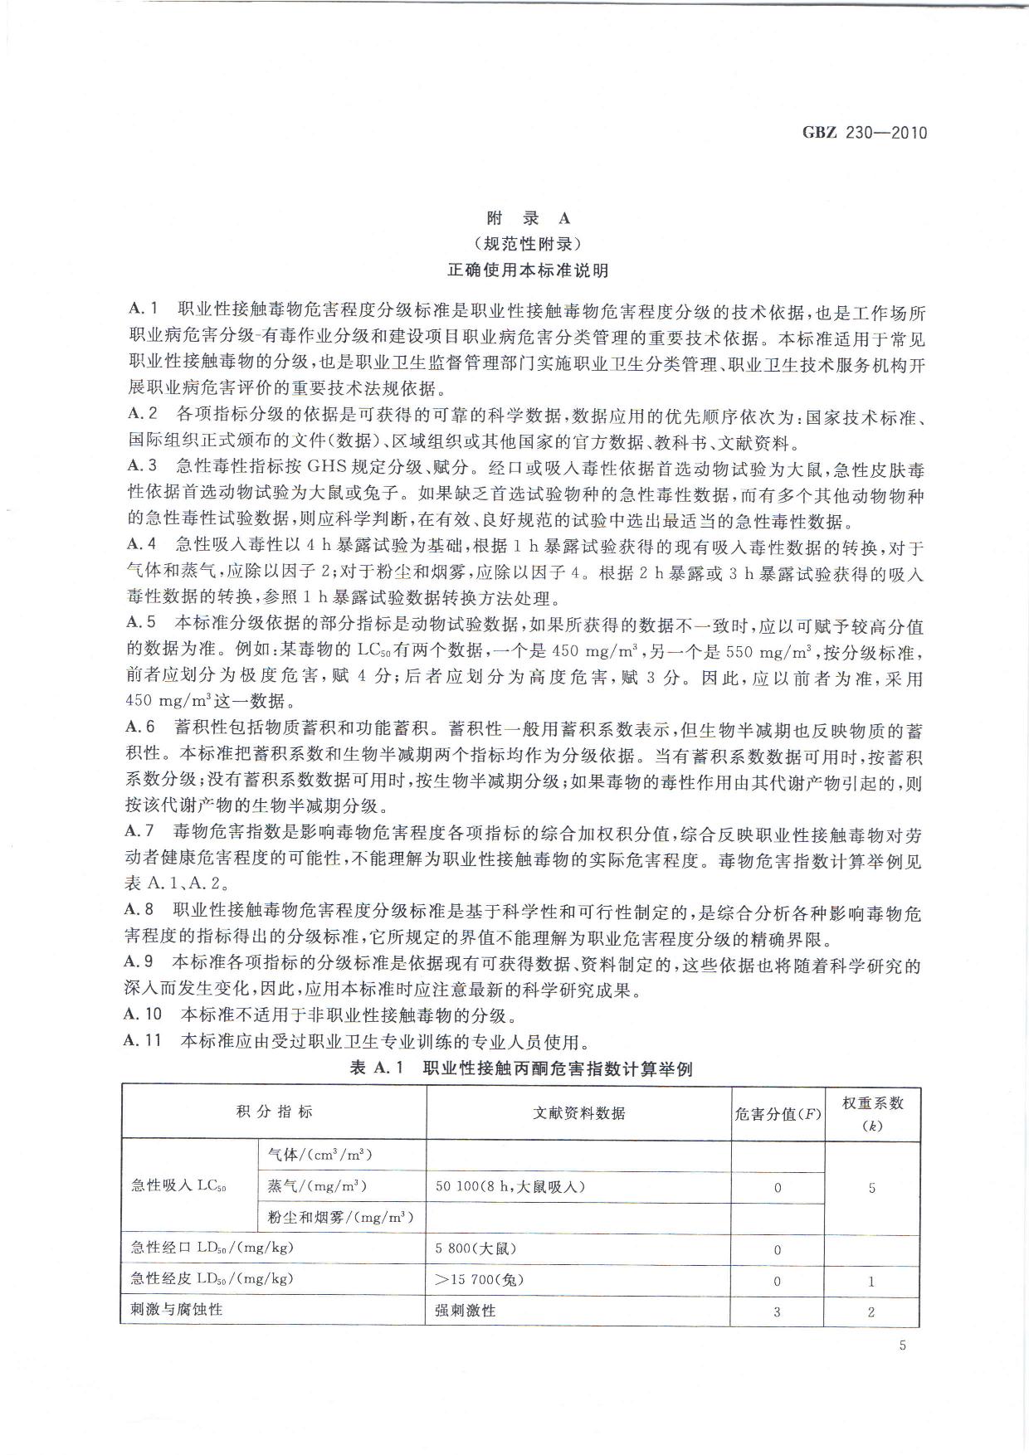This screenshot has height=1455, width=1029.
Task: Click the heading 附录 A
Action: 529,218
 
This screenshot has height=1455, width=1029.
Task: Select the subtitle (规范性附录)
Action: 529,244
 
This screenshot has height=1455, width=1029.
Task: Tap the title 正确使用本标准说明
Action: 529,270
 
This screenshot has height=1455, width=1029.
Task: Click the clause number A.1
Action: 143,312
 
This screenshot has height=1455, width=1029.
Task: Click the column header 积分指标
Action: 274,1112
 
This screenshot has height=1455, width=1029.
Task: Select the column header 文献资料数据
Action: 578,1113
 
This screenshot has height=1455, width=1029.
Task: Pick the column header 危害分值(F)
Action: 778,1113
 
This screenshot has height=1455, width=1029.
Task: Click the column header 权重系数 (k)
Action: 872,1113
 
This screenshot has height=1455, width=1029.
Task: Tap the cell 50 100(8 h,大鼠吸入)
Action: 510,1186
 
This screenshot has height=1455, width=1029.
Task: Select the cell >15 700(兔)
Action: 479,1280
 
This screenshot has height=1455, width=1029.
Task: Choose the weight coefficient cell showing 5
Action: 872,1188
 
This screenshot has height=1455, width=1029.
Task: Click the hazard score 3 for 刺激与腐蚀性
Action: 778,1312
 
